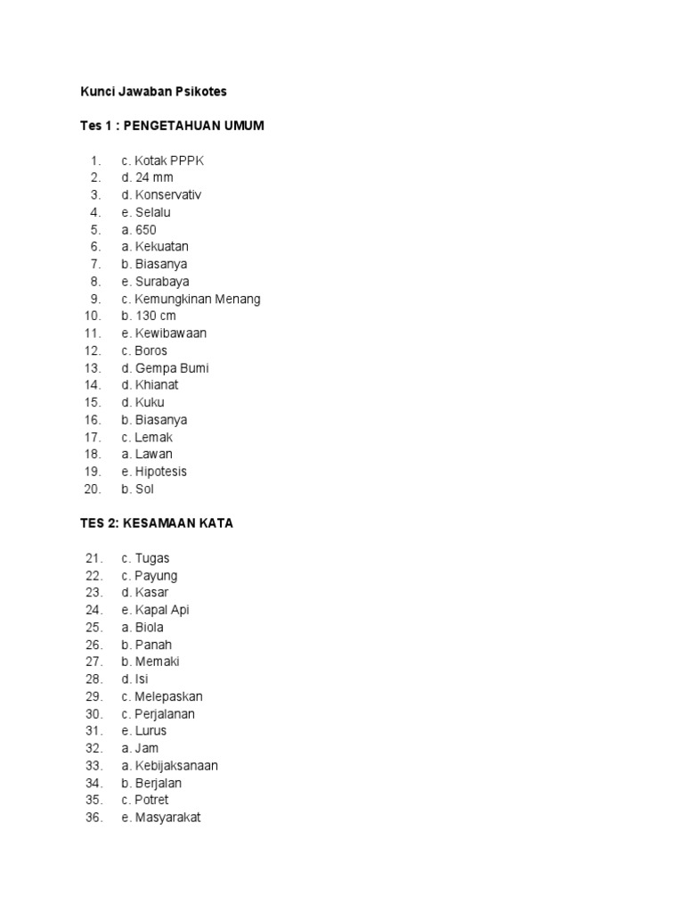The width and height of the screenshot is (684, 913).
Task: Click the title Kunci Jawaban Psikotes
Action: pos(153,92)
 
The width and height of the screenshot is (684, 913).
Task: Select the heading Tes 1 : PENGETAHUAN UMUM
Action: pos(172,126)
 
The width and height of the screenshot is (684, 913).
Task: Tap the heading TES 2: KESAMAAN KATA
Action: pos(157,523)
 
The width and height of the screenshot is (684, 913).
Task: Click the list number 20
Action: pos(94,489)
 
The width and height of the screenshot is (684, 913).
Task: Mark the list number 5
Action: pos(96,230)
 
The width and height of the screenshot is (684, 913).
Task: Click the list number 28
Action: pos(94,679)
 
